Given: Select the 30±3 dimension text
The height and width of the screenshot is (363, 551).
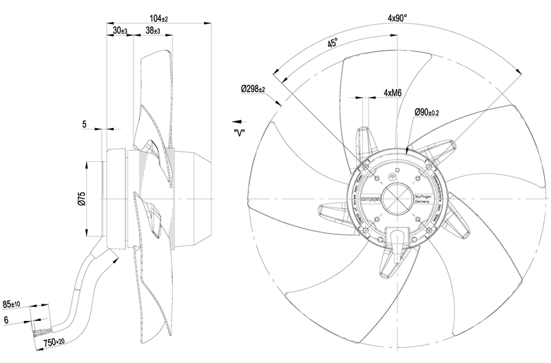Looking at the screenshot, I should (119, 31).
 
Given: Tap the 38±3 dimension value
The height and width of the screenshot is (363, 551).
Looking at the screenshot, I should (153, 31).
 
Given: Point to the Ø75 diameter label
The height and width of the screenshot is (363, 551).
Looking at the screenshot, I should (81, 200).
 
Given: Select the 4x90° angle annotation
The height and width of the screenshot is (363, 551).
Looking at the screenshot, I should (397, 18).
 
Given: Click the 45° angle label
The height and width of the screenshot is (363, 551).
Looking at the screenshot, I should (333, 43).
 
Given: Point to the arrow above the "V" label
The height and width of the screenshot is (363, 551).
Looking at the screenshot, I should (238, 118).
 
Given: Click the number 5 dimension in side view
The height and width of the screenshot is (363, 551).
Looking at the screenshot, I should (84, 124).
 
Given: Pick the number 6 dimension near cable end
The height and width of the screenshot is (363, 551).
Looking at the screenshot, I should (7, 320).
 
